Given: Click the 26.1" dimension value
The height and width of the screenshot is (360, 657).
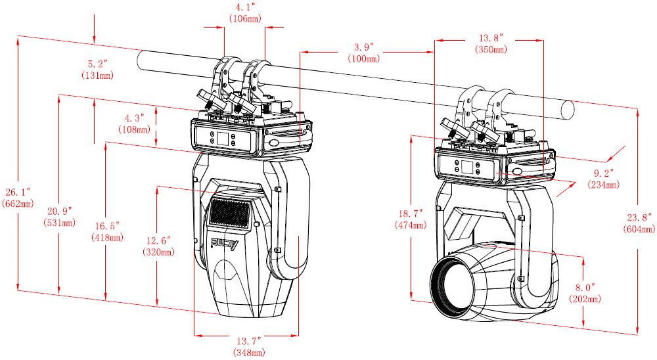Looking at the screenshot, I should point(18,192).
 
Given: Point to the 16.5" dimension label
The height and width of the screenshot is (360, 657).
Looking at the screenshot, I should point(107,225).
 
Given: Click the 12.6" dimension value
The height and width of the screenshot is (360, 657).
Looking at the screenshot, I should point(158,240).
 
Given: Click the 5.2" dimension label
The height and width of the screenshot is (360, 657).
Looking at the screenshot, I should point(97,64).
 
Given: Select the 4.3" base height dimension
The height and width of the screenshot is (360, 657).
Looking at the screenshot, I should point(134,118).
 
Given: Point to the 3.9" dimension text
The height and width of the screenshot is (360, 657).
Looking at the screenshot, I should point(363,47).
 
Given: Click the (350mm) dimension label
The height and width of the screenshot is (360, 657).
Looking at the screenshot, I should point(491,49).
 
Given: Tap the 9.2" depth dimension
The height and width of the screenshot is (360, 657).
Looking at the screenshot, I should point(603,173).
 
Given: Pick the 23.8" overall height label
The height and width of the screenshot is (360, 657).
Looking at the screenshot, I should point(639,217).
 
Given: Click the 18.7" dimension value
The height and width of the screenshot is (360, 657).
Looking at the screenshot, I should point(412,214).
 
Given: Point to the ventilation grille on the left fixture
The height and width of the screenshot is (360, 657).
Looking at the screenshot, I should point(229,212).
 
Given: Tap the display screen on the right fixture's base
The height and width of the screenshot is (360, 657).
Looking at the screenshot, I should point(466,167).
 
